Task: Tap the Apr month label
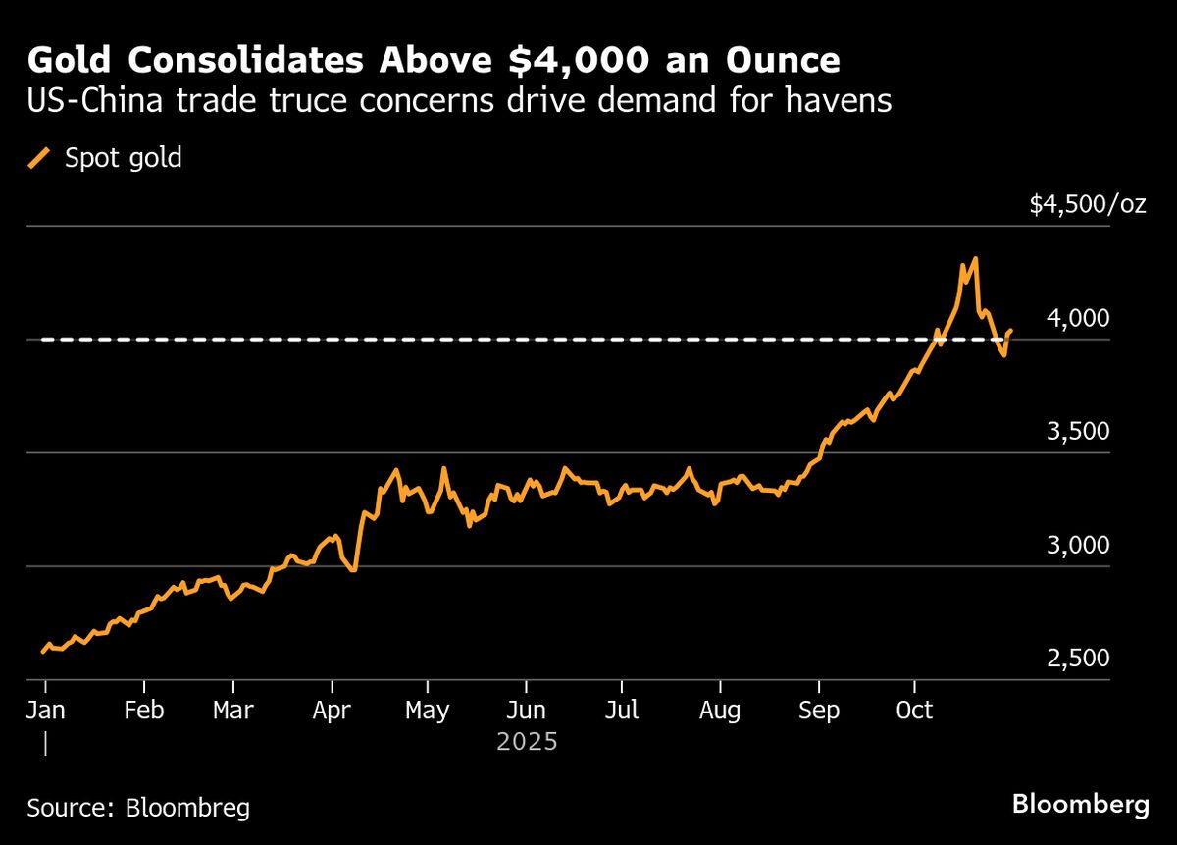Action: point(333,710)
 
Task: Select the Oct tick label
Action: point(914,710)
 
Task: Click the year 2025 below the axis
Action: point(527,741)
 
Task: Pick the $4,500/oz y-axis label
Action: point(1087,204)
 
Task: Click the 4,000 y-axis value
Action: point(1078,318)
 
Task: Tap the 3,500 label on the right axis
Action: point(1078,432)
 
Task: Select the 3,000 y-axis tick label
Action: point(1078,546)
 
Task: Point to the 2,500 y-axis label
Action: point(1078,659)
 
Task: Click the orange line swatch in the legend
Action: point(39,158)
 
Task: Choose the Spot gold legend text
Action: point(123,158)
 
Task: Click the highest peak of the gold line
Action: point(975,259)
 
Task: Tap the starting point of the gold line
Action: point(42,651)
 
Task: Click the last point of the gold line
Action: point(1011,331)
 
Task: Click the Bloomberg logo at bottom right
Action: point(1080,805)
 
